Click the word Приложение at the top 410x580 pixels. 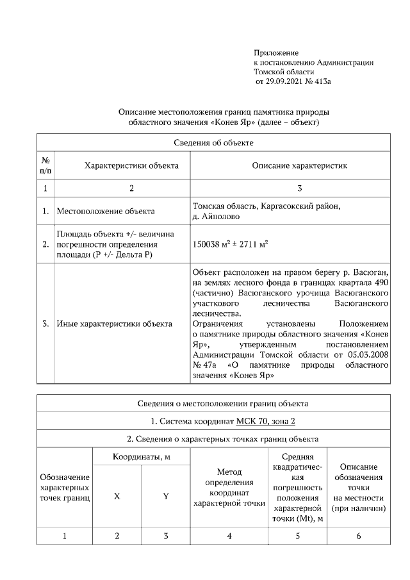pyautogui.click(x=276, y=53)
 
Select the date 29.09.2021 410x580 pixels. pyautogui.click(x=285, y=82)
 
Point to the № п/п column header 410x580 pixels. pyautogui.click(x=45, y=165)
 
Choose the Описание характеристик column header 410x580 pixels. pyautogui.click(x=299, y=165)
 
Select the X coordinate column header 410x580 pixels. pyautogui.click(x=117, y=497)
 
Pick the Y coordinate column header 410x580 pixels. pyautogui.click(x=165, y=497)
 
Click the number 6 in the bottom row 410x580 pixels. pyautogui.click(x=358, y=536)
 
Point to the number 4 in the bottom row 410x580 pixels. pyautogui.click(x=229, y=536)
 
